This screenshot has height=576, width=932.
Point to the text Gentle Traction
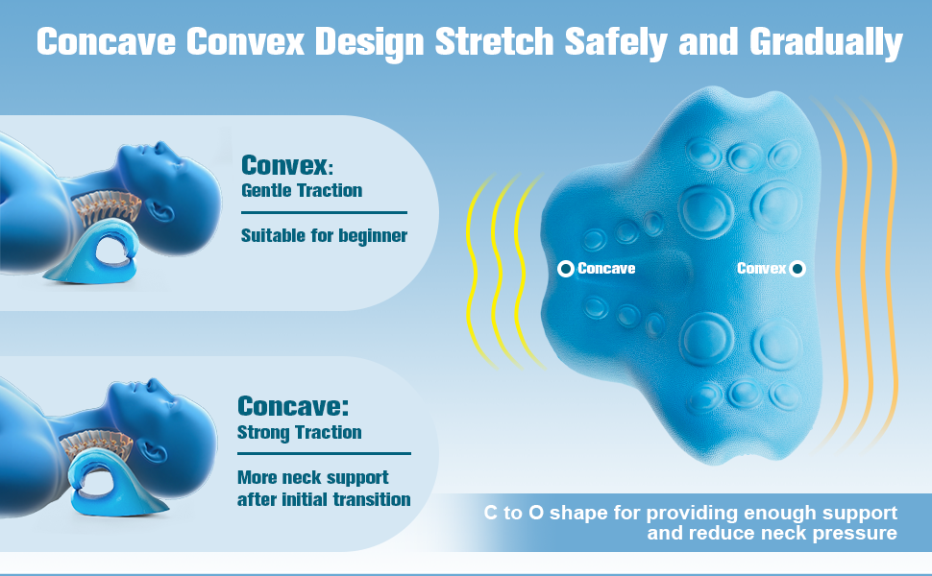tap(301, 190)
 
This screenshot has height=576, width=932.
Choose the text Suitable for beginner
tap(324, 235)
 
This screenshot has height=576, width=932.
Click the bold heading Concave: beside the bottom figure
tap(293, 405)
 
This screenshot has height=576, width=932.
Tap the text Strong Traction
tap(299, 432)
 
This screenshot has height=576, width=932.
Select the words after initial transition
tap(324, 499)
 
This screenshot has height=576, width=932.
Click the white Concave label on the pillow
tap(606, 269)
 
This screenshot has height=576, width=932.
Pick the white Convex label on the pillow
tap(761, 269)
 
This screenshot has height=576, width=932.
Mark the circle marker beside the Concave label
tap(566, 269)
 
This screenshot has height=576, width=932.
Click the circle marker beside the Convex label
tap(797, 269)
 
